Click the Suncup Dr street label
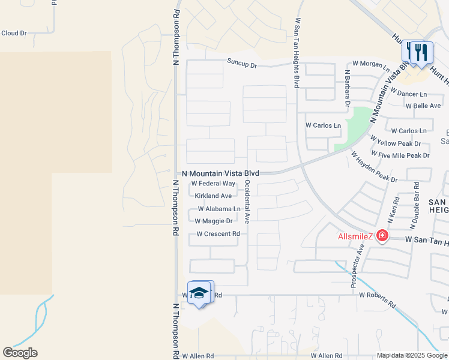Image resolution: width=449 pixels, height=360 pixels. (242, 62)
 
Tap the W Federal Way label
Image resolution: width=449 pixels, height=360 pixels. (213, 184)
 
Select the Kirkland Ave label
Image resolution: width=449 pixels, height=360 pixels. (213, 196)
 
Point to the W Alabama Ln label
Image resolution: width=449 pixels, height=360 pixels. (219, 209)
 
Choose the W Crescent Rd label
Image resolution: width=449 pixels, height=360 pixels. (218, 234)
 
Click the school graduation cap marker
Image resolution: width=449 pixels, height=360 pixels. (199, 293)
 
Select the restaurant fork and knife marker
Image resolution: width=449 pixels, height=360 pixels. (417, 52)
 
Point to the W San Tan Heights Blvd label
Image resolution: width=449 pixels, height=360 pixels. (297, 53)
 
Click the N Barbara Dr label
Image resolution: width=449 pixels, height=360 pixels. (347, 88)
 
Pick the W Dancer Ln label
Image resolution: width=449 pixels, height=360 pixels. (408, 94)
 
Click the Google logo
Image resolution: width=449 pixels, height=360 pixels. (20, 352)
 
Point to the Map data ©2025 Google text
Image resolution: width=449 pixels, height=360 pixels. (412, 356)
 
